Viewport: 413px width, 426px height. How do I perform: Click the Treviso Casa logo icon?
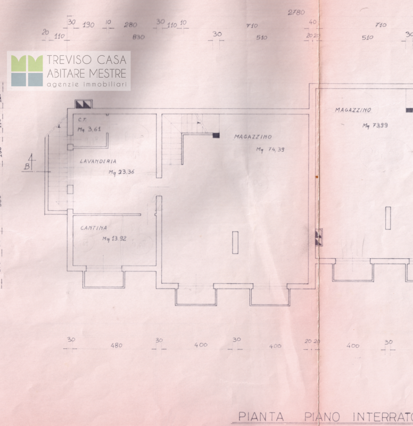tap(27, 70)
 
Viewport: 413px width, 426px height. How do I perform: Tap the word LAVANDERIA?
tap(98, 161)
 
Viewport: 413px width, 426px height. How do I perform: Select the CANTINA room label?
tap(94, 228)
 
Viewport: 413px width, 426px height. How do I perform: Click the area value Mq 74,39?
tap(270, 150)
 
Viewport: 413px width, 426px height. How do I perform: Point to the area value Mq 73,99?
tap(375, 126)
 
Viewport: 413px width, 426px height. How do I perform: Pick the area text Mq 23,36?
tap(121, 172)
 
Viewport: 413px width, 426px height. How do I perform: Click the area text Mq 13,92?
tap(115, 239)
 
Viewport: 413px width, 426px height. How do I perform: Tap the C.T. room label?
tap(82, 120)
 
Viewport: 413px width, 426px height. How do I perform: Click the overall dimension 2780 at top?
tap(296, 12)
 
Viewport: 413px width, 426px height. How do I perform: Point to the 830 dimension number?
tap(138, 37)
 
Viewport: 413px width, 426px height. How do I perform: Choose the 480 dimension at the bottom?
tap(116, 345)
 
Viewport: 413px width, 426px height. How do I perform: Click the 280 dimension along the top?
tap(130, 24)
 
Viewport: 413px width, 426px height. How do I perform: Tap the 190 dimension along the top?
tap(88, 24)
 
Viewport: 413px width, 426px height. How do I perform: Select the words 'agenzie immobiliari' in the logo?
tap(87, 85)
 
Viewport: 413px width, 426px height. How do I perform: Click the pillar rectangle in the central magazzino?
tap(235, 242)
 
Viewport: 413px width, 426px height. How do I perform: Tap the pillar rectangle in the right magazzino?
tap(388, 218)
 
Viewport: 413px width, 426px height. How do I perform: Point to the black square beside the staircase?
tap(216, 135)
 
